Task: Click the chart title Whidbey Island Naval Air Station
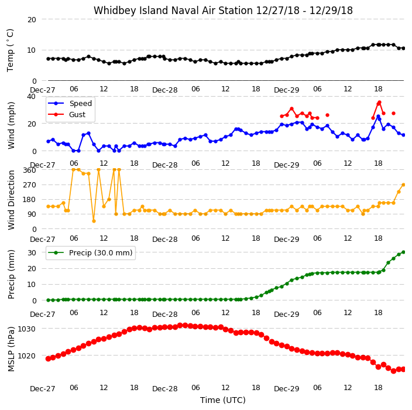pos(173,11)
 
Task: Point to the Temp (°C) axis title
pos(10,50)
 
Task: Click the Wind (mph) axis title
pos(11,125)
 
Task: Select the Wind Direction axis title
pos(11,200)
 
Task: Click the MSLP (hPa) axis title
pos(11,348)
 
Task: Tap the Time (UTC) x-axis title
pos(223,400)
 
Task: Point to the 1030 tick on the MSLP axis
pos(26,329)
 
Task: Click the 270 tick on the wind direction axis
pos(29,185)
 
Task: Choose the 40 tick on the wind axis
pos(31,97)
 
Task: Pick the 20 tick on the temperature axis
pos(32,19)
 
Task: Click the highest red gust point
pos(379,102)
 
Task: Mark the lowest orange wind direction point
pos(94,221)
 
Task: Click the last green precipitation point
pos(404,252)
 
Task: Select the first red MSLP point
pos(48,358)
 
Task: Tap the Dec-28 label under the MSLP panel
pos(165,389)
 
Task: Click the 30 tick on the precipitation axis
pos(32,252)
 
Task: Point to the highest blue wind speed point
pos(379,116)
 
